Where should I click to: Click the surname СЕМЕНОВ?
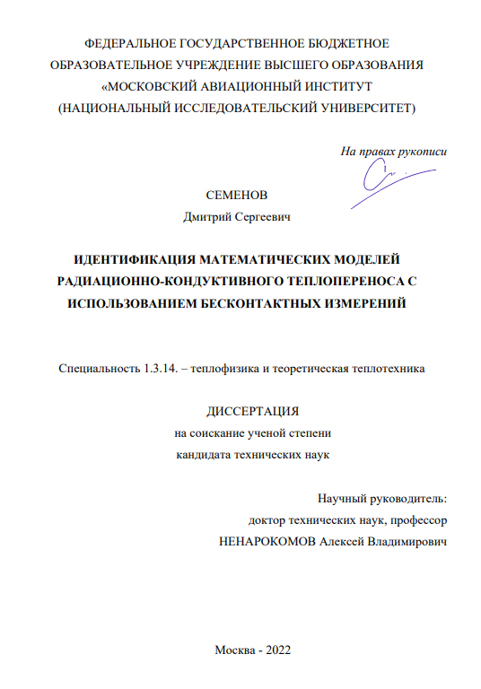tap(237, 196)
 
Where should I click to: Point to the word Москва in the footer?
tap(234, 650)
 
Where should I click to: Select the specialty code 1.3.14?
tap(165, 368)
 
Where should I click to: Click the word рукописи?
tap(420, 152)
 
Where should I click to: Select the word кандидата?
tap(201, 454)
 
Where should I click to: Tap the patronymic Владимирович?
tap(403, 542)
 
